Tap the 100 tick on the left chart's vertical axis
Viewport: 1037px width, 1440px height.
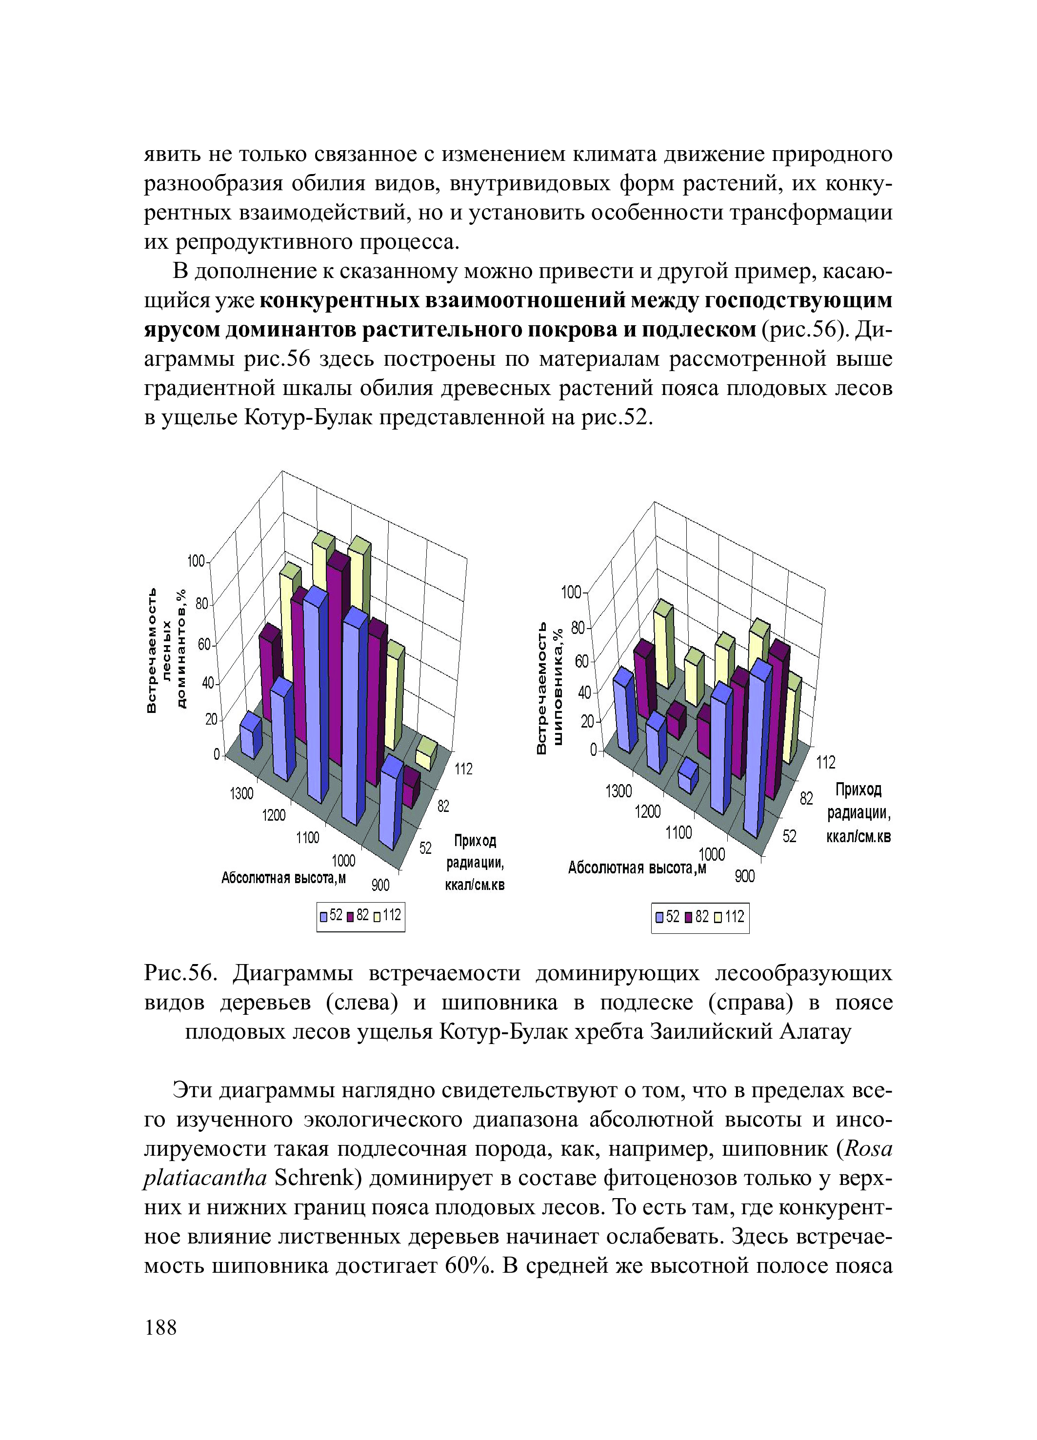(196, 561)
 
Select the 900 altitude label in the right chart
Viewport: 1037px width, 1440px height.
(744, 876)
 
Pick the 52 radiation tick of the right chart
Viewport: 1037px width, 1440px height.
(789, 836)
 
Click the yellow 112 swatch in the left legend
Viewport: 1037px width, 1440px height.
(377, 916)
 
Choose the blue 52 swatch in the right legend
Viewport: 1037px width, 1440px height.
(659, 917)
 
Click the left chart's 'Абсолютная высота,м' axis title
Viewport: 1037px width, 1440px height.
(284, 878)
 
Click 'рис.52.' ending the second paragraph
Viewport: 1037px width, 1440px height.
(617, 418)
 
